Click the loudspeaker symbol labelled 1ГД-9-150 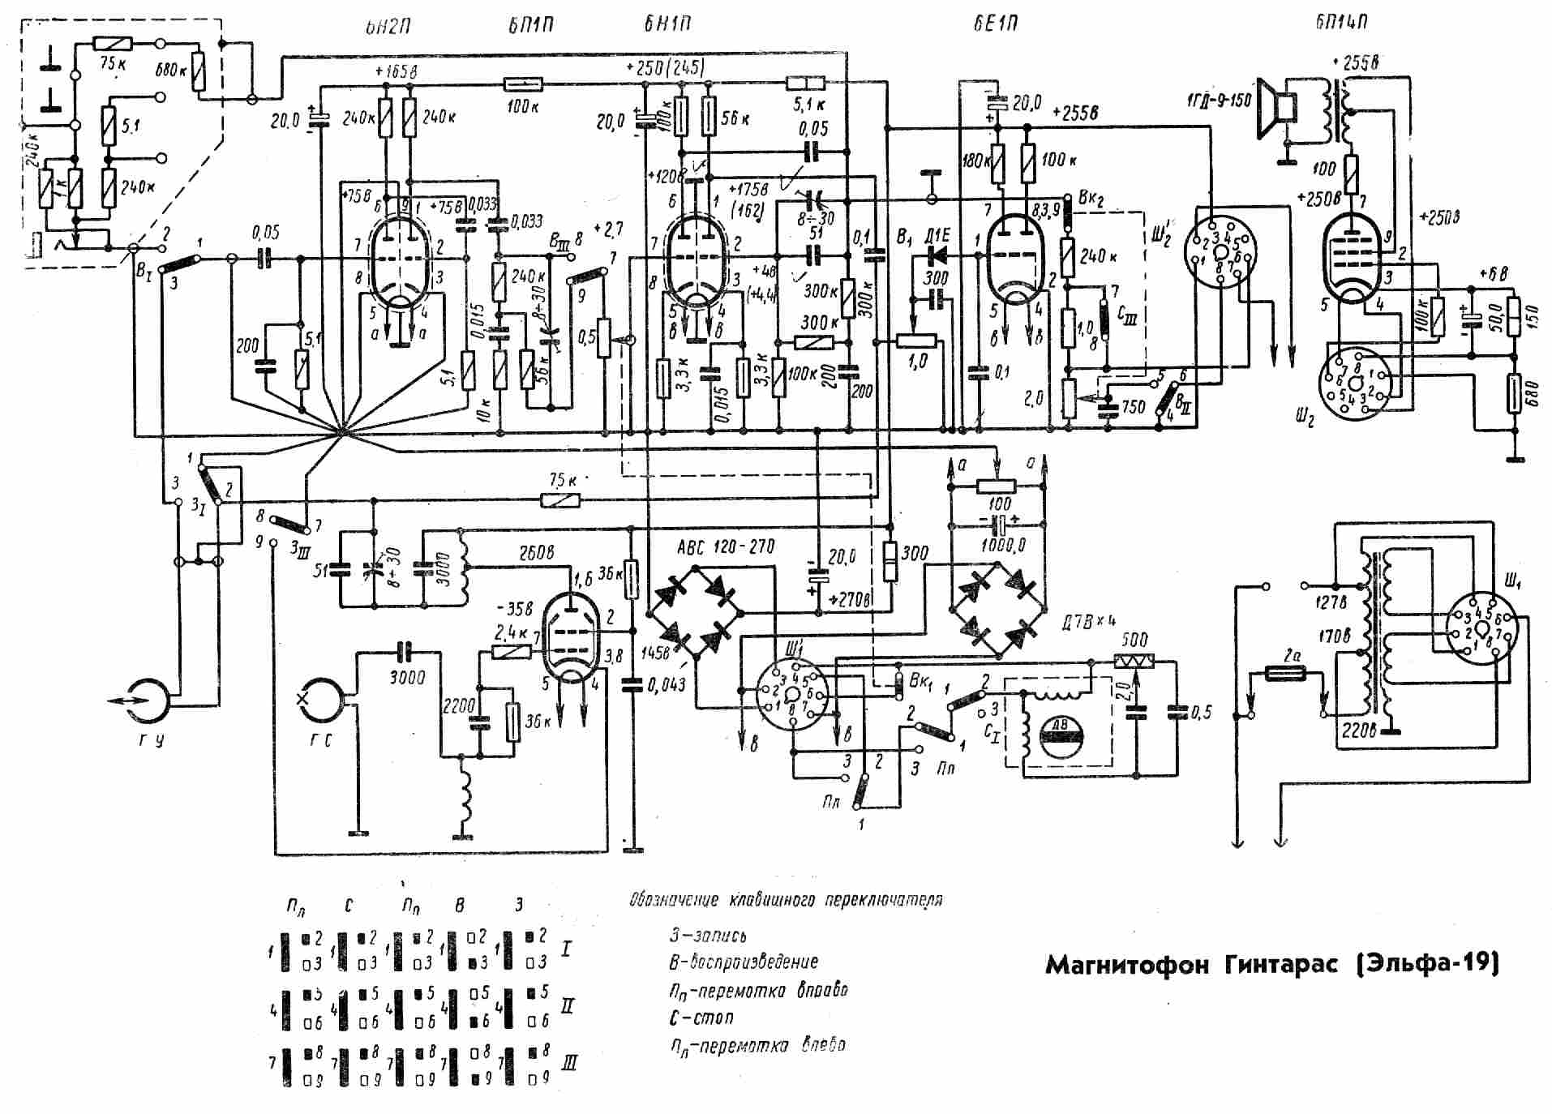tap(1276, 105)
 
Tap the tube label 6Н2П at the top tap(387, 24)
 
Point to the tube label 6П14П tap(1342, 22)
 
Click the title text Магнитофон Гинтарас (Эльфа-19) tap(1271, 965)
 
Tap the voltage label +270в tap(851, 601)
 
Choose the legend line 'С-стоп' tap(701, 1017)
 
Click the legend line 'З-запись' tap(708, 935)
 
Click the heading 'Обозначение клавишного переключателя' tap(786, 900)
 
